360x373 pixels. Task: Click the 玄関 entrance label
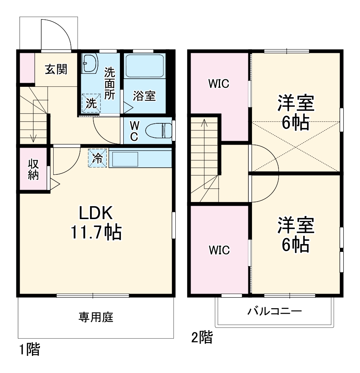56,69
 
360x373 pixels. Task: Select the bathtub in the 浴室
144,66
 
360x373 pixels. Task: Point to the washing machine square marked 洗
91,102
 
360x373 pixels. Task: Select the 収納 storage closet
34,170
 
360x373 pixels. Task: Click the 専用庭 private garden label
96,317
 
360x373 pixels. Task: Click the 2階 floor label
202,338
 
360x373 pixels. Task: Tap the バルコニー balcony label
275,312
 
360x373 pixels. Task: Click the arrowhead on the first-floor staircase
34,139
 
